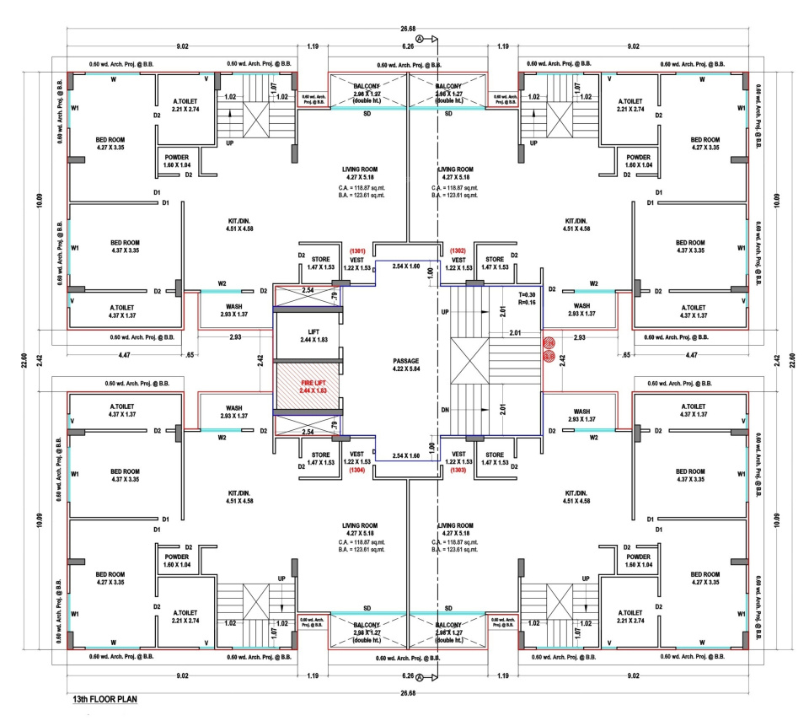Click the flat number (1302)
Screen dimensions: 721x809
(458, 250)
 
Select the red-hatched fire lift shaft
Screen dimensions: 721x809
(308, 388)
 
